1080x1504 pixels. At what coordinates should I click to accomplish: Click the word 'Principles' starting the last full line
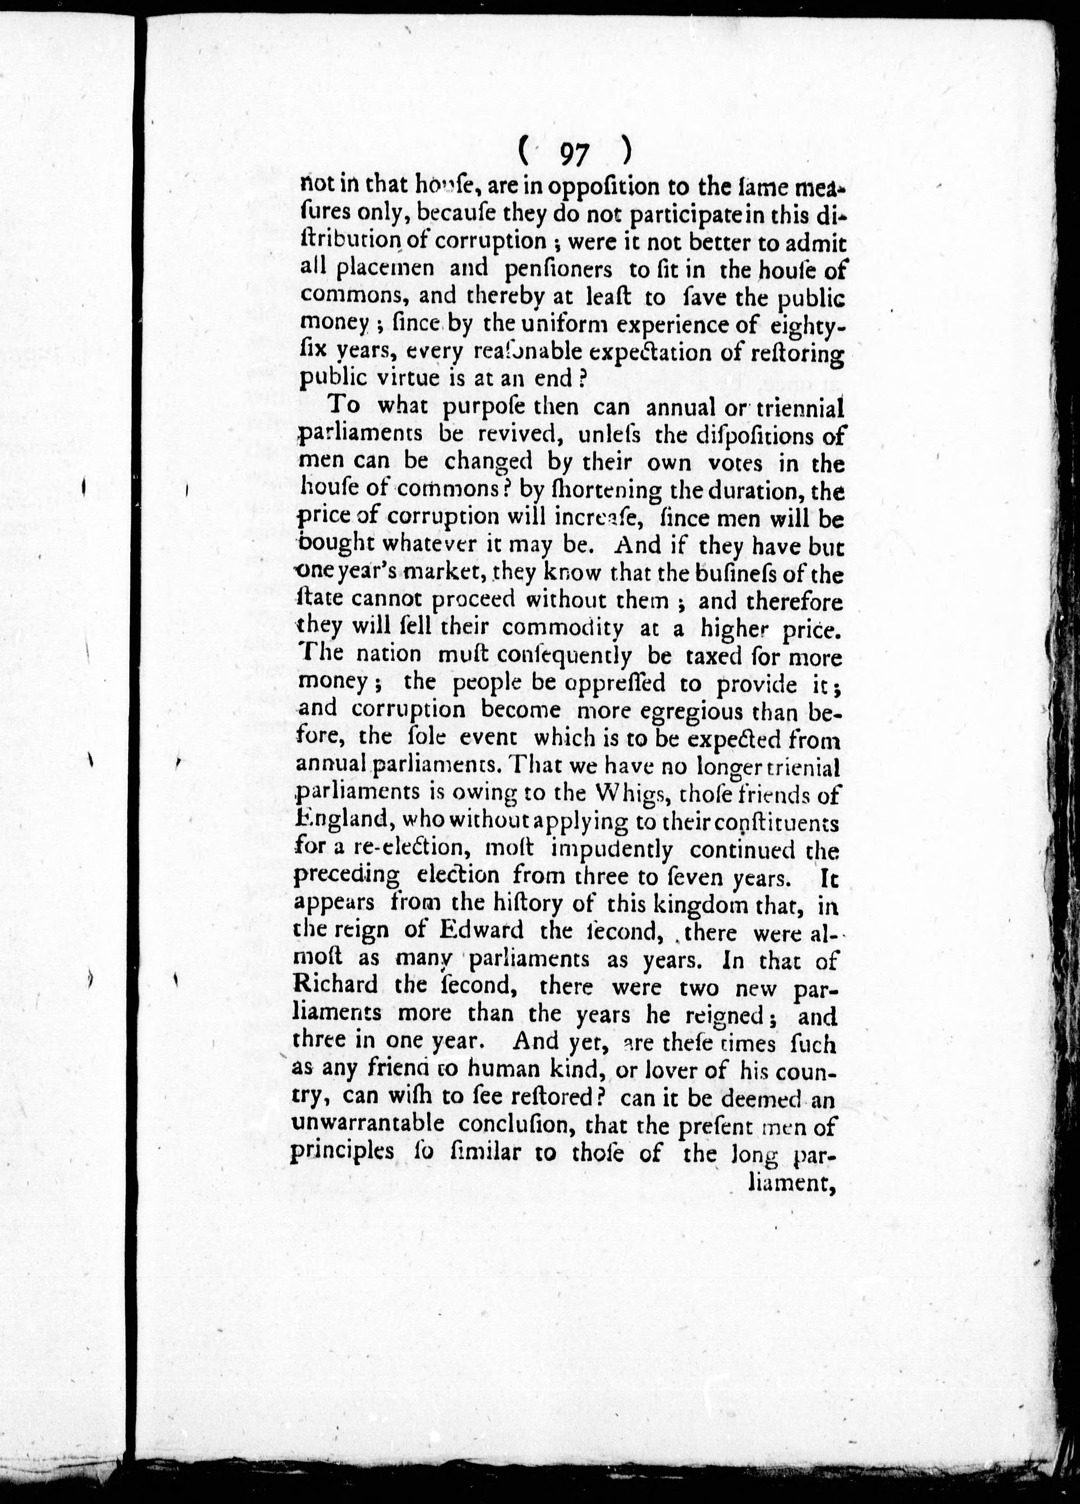[x=342, y=1153]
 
